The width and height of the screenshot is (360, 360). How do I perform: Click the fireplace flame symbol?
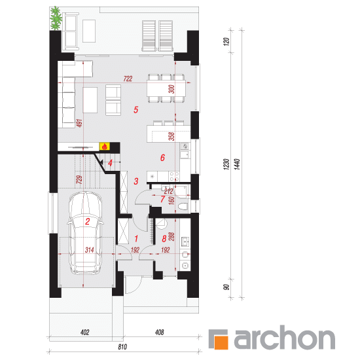point(105,146)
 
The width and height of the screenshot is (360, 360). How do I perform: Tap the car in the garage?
point(85,233)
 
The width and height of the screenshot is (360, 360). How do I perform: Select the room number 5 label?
point(136,110)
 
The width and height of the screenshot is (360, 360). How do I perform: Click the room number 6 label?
point(162,158)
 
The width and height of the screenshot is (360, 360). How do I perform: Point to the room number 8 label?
point(164,239)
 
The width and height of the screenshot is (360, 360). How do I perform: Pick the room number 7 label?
point(162,199)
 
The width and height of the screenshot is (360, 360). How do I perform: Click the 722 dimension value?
point(128,79)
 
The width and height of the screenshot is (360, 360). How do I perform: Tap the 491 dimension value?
point(79,123)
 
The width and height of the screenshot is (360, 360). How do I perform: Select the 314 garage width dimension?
point(89,250)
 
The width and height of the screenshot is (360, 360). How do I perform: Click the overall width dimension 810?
point(122,347)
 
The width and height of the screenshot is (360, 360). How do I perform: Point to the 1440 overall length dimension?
point(237,164)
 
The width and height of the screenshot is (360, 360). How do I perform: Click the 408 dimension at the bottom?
point(159,333)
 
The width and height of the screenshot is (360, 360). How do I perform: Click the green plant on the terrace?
point(56,18)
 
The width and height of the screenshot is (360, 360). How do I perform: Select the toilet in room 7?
point(183,207)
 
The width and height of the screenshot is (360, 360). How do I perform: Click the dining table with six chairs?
point(166,88)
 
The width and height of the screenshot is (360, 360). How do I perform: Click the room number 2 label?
point(88,221)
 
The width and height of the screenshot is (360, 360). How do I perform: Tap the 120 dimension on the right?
point(226,41)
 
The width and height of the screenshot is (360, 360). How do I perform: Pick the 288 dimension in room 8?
point(171,237)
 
